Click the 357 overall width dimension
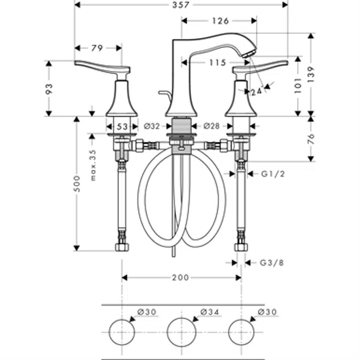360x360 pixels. [x=180, y=5]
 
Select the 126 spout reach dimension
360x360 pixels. [x=219, y=21]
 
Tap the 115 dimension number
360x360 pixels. [x=217, y=62]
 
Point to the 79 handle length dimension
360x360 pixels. [x=97, y=48]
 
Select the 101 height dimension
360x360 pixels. [x=297, y=84]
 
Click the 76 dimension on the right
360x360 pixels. [x=311, y=139]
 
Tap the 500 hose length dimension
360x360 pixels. [x=77, y=183]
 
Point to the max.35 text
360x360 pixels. [x=92, y=164]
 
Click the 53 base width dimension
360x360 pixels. [x=122, y=126]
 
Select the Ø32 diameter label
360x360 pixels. [x=152, y=126]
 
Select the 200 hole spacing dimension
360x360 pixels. [x=181, y=277]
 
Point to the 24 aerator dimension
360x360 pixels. [x=257, y=92]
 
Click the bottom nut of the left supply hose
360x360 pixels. [x=122, y=247]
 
